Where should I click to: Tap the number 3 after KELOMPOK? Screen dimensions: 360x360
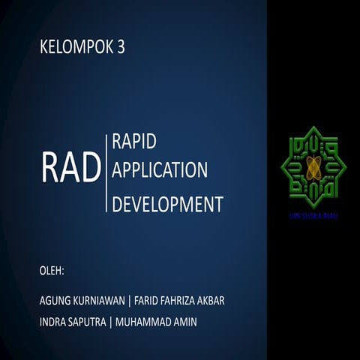pos(121,48)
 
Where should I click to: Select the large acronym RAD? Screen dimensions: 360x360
pos(71,169)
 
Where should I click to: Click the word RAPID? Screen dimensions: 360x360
pos(139,140)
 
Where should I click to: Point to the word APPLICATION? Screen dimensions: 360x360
pos(160,170)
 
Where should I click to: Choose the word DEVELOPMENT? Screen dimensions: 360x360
pos(167,204)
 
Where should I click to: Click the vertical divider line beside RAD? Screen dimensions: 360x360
pos(106,171)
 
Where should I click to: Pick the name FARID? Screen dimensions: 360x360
pos(148,301)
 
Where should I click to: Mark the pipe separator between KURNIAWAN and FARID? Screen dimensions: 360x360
pos(129,301)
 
